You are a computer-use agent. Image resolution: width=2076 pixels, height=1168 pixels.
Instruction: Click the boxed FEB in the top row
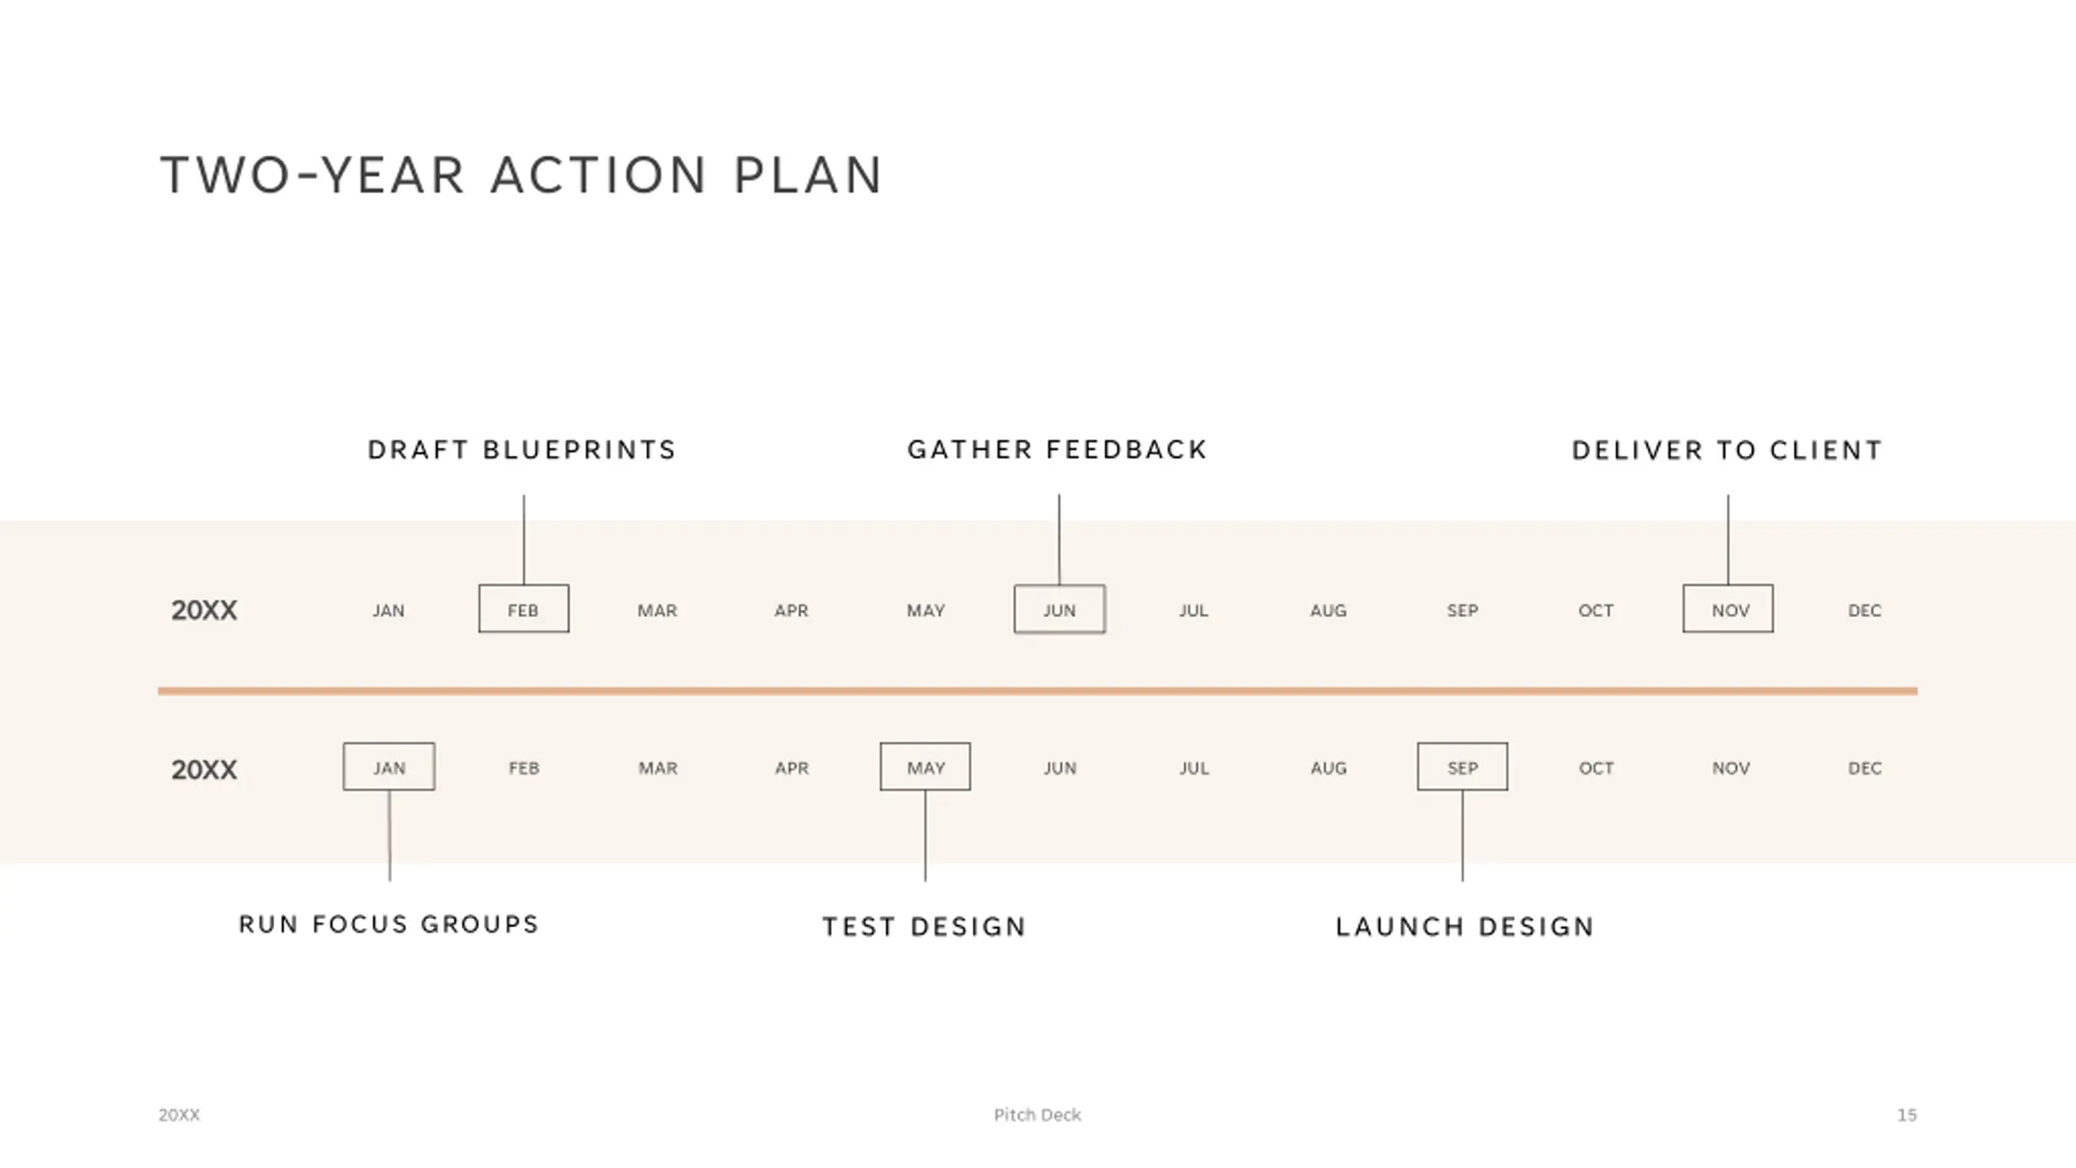click(523, 609)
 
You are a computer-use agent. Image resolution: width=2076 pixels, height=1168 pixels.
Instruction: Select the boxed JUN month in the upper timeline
click(1059, 609)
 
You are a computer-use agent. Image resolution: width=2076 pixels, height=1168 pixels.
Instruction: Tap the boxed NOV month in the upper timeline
click(1728, 609)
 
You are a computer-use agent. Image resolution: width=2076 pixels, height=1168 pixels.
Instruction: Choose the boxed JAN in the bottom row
click(388, 767)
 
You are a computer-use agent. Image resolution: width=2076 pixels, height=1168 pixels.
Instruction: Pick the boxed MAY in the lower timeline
click(925, 767)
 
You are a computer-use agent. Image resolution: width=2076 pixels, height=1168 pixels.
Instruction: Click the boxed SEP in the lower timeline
click(1462, 767)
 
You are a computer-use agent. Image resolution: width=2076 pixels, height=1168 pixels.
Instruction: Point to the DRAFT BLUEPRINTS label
click(521, 450)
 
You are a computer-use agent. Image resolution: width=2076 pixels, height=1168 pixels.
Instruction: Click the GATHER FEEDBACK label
click(1057, 450)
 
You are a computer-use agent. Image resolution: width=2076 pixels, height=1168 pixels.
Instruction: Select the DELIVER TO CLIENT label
click(1727, 450)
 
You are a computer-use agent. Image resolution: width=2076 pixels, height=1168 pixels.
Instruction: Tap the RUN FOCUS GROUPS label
click(389, 925)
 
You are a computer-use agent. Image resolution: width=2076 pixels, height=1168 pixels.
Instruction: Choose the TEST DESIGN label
click(924, 927)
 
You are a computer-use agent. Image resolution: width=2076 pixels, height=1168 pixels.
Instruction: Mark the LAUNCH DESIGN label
click(1465, 927)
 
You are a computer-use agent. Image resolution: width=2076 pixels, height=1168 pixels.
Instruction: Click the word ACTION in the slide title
click(598, 175)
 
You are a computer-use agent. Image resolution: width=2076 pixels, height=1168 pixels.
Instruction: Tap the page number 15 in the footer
click(1907, 1115)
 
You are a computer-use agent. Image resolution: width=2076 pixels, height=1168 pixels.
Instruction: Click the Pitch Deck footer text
click(1037, 1115)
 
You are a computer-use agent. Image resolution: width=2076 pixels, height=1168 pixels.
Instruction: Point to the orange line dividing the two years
click(1038, 691)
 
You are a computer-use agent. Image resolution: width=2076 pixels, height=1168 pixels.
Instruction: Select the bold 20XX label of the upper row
click(204, 610)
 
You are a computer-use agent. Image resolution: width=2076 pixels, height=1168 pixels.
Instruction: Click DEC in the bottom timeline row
click(1864, 768)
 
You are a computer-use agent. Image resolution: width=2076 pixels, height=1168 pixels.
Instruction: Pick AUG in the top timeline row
click(1328, 611)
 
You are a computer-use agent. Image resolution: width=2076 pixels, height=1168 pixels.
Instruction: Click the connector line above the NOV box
click(1728, 539)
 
